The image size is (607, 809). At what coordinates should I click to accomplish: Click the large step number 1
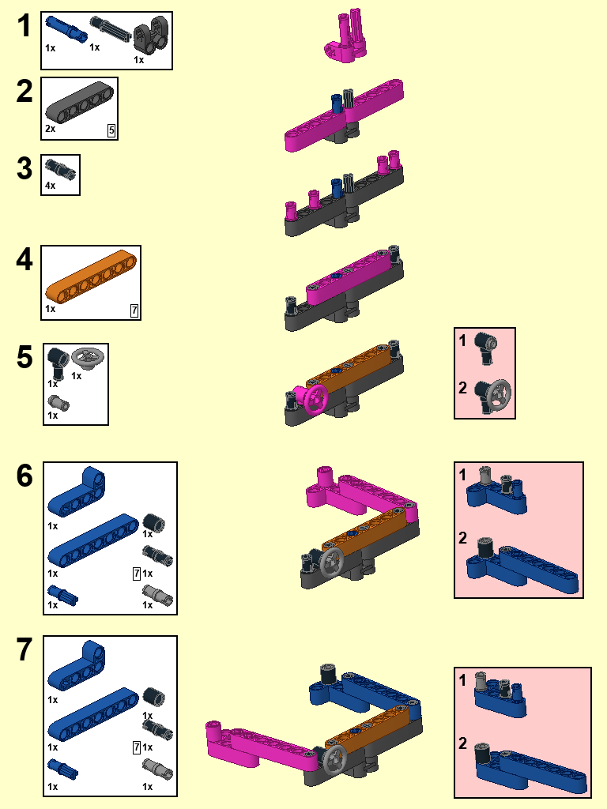point(24,26)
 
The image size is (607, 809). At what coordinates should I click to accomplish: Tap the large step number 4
point(25,259)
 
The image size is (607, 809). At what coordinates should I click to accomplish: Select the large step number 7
point(25,649)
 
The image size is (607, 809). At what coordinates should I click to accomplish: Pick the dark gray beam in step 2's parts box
point(80,102)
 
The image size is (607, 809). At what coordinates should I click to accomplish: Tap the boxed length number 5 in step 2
point(111,130)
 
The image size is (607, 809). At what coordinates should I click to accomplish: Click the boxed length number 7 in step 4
point(134,310)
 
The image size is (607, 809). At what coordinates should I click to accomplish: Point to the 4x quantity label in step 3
point(50,186)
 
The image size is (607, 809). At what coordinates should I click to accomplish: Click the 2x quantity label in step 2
point(50,129)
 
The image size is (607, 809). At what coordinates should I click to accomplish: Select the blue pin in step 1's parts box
point(66,29)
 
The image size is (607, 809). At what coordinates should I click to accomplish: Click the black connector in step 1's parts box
point(151,35)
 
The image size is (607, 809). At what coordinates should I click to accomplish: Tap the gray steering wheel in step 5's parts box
point(88,358)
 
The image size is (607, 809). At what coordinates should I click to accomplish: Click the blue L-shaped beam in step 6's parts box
point(77,491)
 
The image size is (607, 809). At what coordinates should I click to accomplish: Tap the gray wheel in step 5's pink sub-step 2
point(499,395)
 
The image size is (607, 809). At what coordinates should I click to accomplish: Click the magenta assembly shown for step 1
point(346,36)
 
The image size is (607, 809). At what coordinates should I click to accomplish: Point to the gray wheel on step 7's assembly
point(335,758)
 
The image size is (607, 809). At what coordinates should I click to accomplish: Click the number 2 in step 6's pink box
point(462,538)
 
